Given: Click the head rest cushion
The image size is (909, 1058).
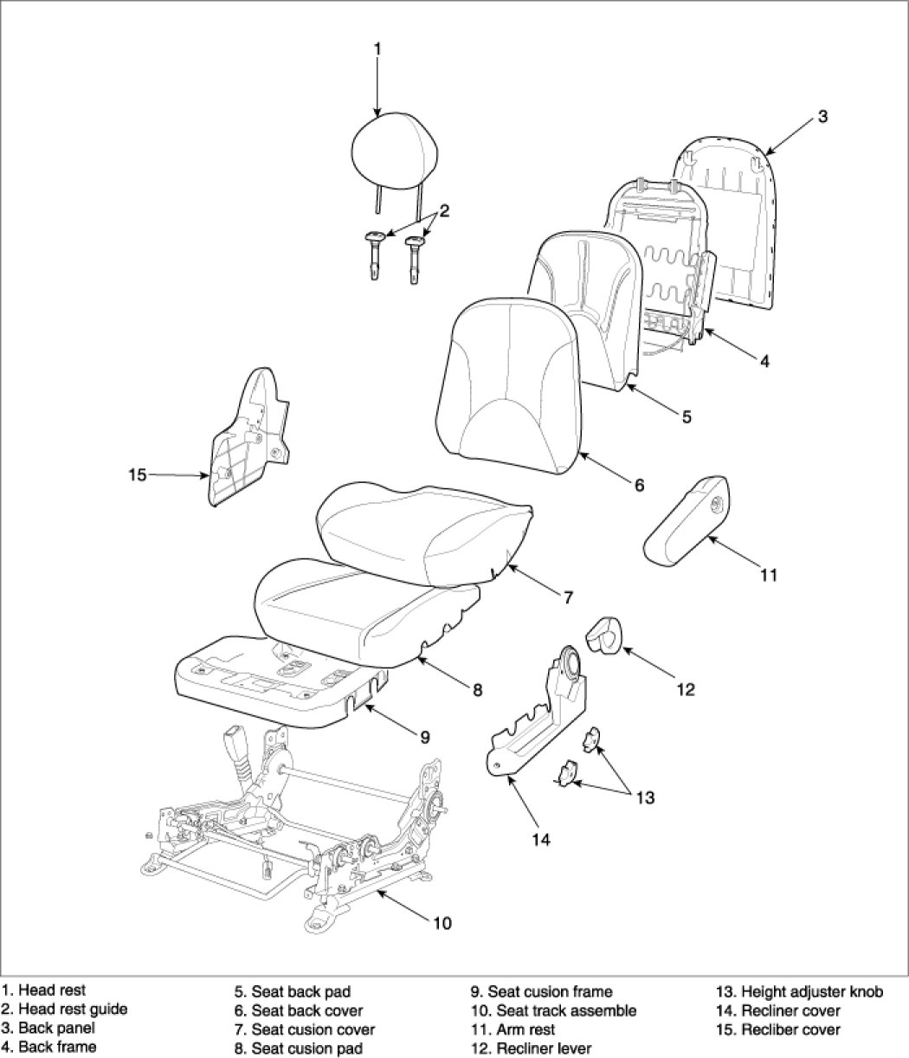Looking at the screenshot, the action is tap(395, 150).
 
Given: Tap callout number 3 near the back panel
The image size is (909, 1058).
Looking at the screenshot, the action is tap(822, 117).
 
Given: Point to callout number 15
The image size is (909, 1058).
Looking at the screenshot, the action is tap(137, 475).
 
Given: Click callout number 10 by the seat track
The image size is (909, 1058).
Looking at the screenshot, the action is tap(442, 923).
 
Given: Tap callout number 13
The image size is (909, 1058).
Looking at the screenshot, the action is tap(646, 797).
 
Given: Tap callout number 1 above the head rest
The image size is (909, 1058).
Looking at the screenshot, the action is tap(377, 49).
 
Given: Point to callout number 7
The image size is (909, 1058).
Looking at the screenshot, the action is tap(568, 597).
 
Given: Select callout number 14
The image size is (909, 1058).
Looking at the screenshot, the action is tap(541, 840).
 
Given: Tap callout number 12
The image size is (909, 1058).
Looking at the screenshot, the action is tap(686, 689).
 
